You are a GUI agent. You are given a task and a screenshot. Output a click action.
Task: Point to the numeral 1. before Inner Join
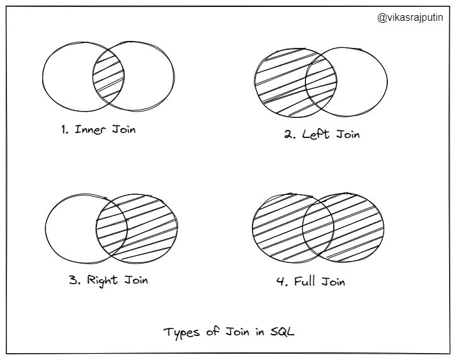coord(65,131)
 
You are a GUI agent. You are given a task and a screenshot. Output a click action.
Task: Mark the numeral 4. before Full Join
coord(282,282)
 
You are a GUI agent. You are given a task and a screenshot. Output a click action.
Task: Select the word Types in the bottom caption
coord(180,333)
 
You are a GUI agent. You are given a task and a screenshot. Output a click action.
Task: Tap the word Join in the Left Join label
coord(346,134)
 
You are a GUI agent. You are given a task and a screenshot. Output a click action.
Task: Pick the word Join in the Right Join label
coord(135,279)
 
